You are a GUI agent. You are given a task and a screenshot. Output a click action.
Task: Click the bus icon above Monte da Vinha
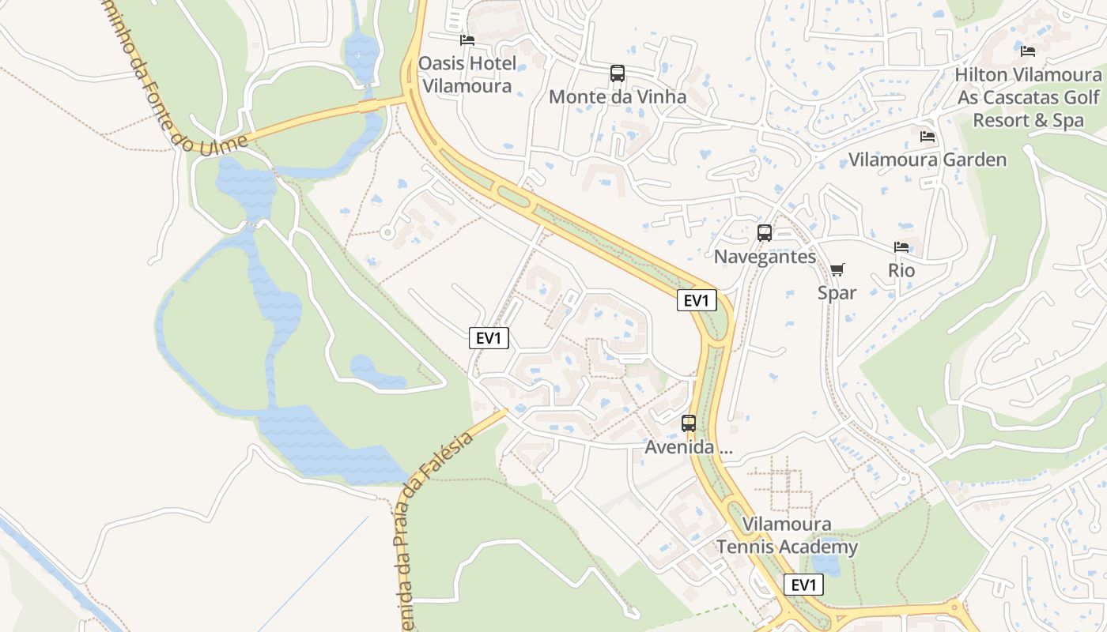[x=618, y=73]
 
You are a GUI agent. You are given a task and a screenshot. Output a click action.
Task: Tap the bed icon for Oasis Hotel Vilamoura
[x=467, y=39]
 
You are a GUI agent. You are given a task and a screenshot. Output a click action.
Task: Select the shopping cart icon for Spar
[x=837, y=269]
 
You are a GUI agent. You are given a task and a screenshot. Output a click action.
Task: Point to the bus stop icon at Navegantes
[x=765, y=233]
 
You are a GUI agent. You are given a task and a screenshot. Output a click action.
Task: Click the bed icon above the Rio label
[x=901, y=247]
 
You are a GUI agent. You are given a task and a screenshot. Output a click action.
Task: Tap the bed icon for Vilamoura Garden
[x=928, y=137]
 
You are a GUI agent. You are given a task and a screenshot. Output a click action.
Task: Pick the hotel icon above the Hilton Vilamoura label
[x=1028, y=51]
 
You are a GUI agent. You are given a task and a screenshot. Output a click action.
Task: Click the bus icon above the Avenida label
[x=689, y=423]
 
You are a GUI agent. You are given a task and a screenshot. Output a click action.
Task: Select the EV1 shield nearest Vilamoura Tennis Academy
[x=803, y=585]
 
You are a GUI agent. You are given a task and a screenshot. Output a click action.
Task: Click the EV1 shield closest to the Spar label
[x=697, y=300]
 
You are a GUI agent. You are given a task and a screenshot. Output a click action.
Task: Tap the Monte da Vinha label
[x=618, y=96]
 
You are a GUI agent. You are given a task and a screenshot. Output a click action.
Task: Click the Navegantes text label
[x=765, y=257]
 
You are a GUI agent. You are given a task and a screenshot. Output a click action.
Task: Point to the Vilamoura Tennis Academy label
[x=787, y=536]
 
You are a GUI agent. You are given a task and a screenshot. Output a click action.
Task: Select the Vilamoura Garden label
[x=928, y=160]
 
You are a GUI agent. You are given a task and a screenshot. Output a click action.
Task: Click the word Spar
[x=837, y=292]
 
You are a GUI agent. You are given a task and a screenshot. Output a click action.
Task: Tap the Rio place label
[x=901, y=270]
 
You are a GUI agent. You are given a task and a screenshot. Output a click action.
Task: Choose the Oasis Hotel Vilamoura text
[x=467, y=74]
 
